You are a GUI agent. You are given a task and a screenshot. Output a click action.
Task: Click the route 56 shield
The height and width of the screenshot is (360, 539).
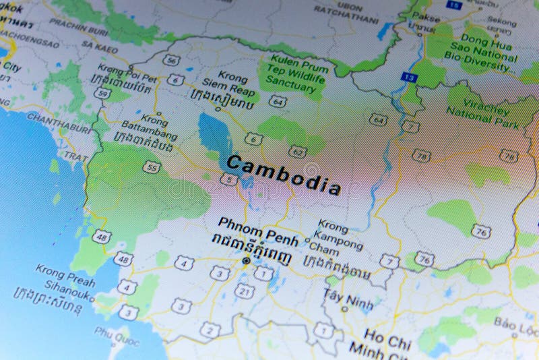(172, 61)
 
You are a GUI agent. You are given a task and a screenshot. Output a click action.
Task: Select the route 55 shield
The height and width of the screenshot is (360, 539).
(153, 166)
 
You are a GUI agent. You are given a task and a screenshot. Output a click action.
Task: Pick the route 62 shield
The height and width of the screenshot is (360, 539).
(296, 150)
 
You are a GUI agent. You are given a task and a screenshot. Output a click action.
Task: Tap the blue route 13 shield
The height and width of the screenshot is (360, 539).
(408, 78)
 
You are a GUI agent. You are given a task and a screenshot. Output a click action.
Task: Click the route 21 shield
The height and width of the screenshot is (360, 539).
(245, 291)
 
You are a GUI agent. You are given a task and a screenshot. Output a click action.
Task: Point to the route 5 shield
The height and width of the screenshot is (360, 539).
(229, 179)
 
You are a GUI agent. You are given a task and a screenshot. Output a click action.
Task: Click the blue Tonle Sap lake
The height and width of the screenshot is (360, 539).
(215, 136)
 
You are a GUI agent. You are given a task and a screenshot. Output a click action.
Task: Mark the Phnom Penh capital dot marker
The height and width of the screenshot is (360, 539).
(246, 260)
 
